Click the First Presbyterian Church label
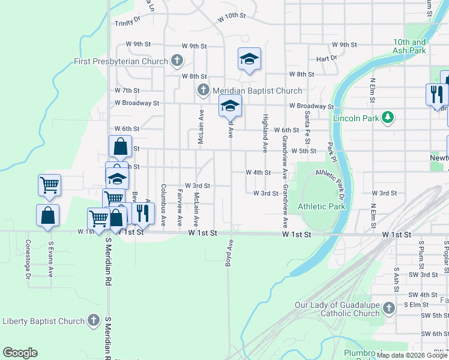(x=121, y=61)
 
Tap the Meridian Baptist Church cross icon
(x=203, y=91)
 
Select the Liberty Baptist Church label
(x=43, y=321)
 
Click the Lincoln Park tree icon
(x=388, y=118)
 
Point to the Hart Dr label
(x=327, y=59)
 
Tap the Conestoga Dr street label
(x=28, y=260)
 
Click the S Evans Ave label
(x=51, y=259)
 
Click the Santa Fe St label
(x=307, y=127)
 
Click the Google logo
(x=20, y=353)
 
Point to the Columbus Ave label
(x=163, y=205)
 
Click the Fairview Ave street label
(x=179, y=205)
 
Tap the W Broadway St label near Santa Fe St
(x=311, y=106)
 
